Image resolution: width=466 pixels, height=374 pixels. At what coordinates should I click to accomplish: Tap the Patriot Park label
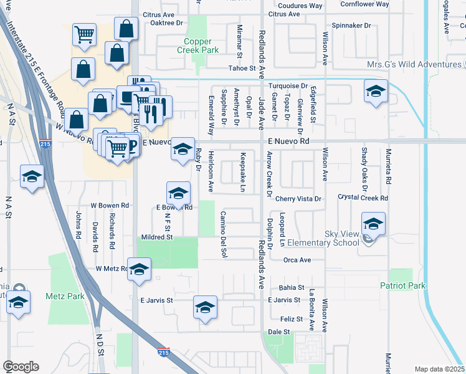coord(402,285)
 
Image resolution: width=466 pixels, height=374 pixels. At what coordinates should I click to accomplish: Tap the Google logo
coord(21,367)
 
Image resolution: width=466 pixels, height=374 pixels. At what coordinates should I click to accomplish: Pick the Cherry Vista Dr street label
coord(298,199)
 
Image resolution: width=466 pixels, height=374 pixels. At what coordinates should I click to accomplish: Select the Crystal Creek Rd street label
coord(363,198)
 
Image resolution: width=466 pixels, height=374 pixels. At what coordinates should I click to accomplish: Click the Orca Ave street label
coord(297,260)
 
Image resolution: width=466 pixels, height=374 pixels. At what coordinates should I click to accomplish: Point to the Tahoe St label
coord(242,68)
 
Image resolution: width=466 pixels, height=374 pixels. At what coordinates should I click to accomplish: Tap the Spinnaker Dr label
coord(351,26)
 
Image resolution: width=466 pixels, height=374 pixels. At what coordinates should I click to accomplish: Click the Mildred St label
coord(156,237)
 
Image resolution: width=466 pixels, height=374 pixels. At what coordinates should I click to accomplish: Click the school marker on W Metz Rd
coord(140,269)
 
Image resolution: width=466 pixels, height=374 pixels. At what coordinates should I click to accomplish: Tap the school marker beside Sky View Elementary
coord(373,224)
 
